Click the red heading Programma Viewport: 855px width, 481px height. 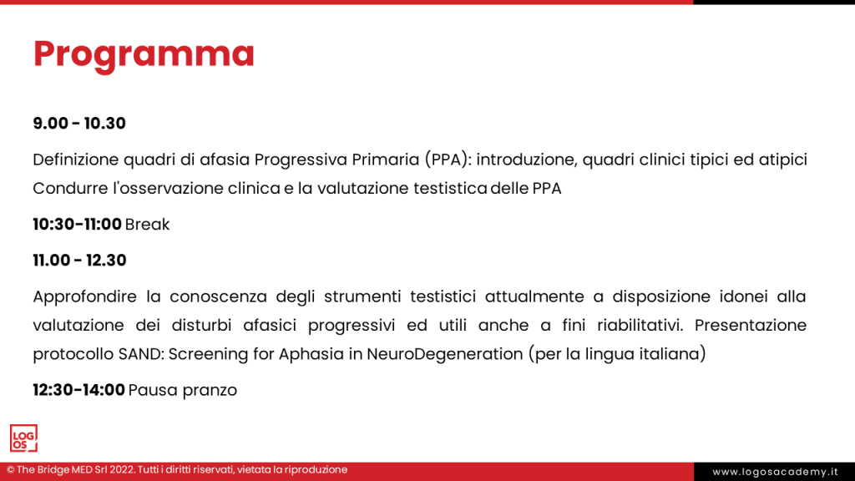point(144,54)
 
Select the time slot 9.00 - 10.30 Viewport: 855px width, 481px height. point(79,124)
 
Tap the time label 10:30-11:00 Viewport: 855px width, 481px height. point(77,224)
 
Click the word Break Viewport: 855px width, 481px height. point(147,224)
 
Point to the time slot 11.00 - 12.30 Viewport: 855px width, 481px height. point(79,261)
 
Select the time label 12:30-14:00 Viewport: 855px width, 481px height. point(78,390)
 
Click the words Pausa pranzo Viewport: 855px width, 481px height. point(183,390)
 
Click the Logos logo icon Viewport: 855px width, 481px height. point(23,438)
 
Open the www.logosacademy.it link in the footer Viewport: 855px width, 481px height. point(775,472)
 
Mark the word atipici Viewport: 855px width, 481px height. point(782,159)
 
